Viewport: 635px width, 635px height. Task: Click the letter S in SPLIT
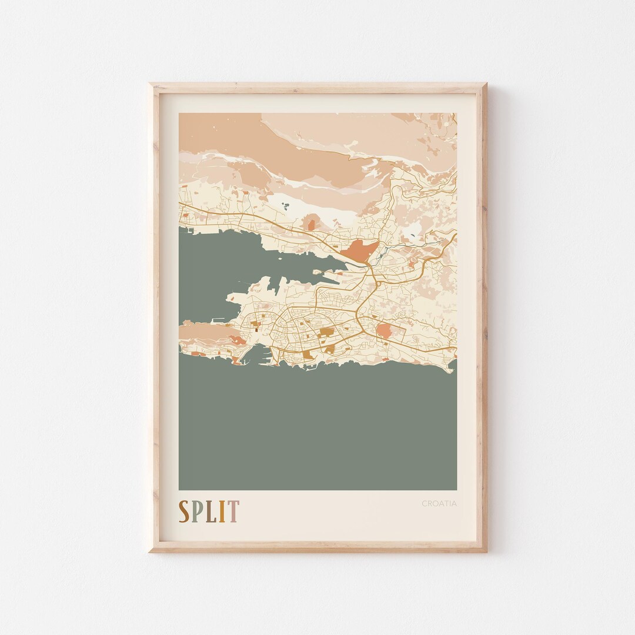[184, 512]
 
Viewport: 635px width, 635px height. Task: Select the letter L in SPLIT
[212, 512]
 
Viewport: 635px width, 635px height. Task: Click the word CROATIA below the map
[439, 503]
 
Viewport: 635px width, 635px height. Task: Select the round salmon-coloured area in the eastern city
[384, 331]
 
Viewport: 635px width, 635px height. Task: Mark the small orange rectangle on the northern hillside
[310, 223]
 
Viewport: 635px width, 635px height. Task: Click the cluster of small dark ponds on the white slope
[285, 206]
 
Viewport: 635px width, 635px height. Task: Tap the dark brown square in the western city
[256, 330]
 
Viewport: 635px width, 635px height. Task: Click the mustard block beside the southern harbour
[308, 355]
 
